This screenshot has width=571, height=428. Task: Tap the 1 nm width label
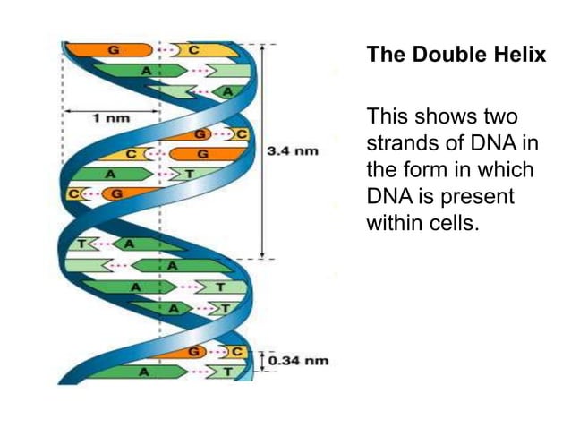[111, 116]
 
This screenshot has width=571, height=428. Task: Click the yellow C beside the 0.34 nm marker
[237, 352]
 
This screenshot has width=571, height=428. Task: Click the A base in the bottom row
[143, 371]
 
